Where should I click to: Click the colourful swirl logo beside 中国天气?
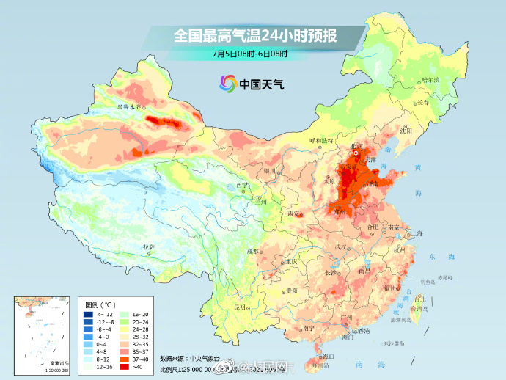(x=226, y=84)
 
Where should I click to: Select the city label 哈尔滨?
(x=430, y=80)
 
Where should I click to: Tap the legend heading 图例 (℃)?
(x=100, y=304)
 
